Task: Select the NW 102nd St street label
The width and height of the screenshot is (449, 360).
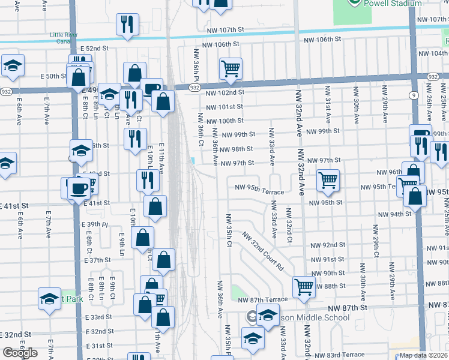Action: [225, 92]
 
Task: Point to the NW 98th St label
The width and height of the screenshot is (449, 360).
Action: [236, 149]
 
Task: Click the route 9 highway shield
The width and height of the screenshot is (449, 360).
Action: [414, 94]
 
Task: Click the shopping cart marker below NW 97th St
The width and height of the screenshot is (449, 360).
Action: [328, 179]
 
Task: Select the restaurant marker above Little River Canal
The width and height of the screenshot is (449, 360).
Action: [127, 24]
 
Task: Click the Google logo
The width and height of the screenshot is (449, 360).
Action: [19, 353]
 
